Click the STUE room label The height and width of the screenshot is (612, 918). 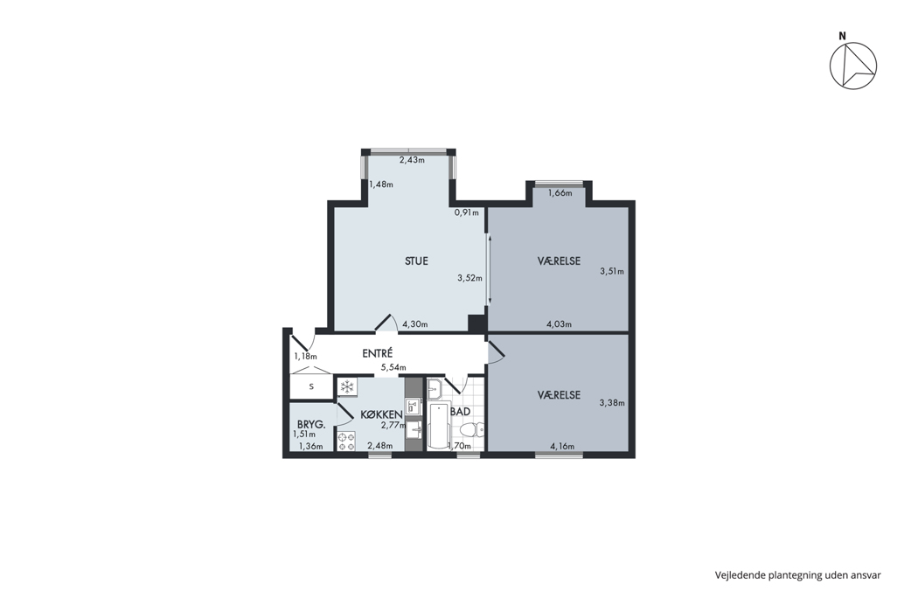coord(416,261)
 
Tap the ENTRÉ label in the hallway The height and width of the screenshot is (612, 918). coord(377,354)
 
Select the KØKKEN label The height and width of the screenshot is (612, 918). coord(381,414)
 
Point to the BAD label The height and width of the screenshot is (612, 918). coord(461,412)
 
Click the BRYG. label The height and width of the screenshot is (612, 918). coord(311,425)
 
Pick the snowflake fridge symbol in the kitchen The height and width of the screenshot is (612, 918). coord(347,386)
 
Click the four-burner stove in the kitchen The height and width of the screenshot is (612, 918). coord(346,441)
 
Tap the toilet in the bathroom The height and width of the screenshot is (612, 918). coord(472,430)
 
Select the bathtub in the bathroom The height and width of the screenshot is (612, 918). coord(438,426)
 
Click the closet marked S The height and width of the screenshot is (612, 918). coord(311,386)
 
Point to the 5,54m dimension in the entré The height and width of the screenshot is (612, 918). coord(393,368)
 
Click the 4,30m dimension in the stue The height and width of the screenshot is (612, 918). coord(415,324)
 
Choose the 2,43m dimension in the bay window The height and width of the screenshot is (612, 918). coord(412,160)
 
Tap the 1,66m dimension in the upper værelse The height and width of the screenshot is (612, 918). coord(560,193)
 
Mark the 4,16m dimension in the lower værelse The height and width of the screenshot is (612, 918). coord(562,446)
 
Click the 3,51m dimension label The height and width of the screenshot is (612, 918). coord(612,271)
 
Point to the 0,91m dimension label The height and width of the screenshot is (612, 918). coord(467,212)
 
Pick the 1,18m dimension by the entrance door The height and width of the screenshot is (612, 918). coord(306,356)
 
